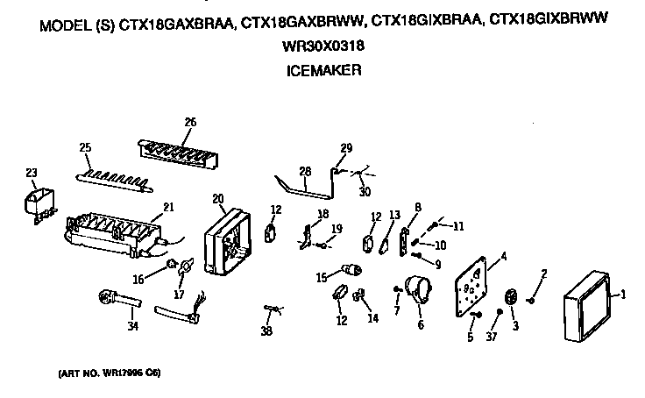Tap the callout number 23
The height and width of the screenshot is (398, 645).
click(32, 174)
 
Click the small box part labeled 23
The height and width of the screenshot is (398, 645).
click(37, 207)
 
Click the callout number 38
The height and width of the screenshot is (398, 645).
click(266, 331)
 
